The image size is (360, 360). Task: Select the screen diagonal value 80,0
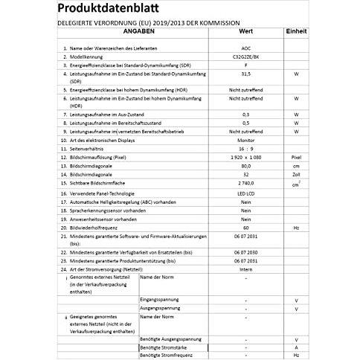tap(245, 167)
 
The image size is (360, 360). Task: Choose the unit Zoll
tap(296, 176)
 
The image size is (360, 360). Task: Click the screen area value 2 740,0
tap(245, 184)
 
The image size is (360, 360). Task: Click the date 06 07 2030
tap(245, 251)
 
